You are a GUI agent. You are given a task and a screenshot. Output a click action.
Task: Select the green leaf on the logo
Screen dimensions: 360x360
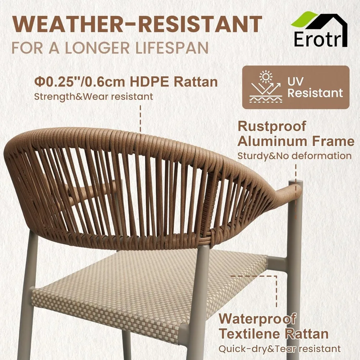coord(303,19)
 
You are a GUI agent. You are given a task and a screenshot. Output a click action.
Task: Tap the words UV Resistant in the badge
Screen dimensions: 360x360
coord(315,87)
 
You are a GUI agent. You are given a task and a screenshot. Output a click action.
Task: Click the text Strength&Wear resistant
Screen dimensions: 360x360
coord(94,96)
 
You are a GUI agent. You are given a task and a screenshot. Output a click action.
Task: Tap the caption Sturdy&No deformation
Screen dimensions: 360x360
coord(294,156)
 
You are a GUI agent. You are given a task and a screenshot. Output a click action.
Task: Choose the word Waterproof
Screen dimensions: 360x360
coord(257,319)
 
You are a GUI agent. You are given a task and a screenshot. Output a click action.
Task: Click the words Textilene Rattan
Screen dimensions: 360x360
coord(274,334)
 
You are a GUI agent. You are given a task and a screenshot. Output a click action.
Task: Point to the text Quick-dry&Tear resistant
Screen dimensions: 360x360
coord(279,348)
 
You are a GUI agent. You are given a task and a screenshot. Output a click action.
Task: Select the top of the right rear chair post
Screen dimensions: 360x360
coord(295,184)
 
